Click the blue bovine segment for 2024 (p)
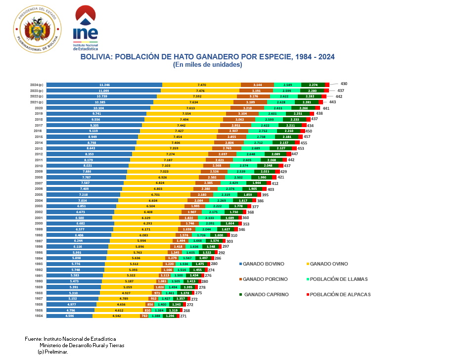[104, 85]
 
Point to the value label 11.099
[104, 90]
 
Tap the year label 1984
[39, 315]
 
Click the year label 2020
[39, 108]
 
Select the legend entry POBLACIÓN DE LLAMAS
[338, 279]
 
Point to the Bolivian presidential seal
[38, 30]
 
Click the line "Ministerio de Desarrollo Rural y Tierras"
[82, 345]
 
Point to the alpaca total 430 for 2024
[344, 84]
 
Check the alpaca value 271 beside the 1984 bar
[183, 315]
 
